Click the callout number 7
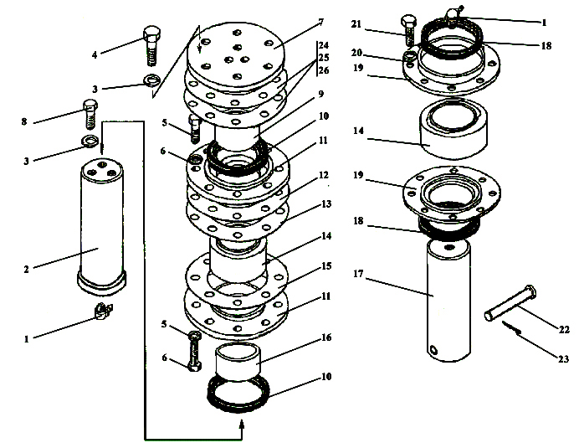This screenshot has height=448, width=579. coord(320,21)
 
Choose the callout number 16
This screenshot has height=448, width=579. coord(325,337)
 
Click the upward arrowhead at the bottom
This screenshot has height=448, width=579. coord(243,428)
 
